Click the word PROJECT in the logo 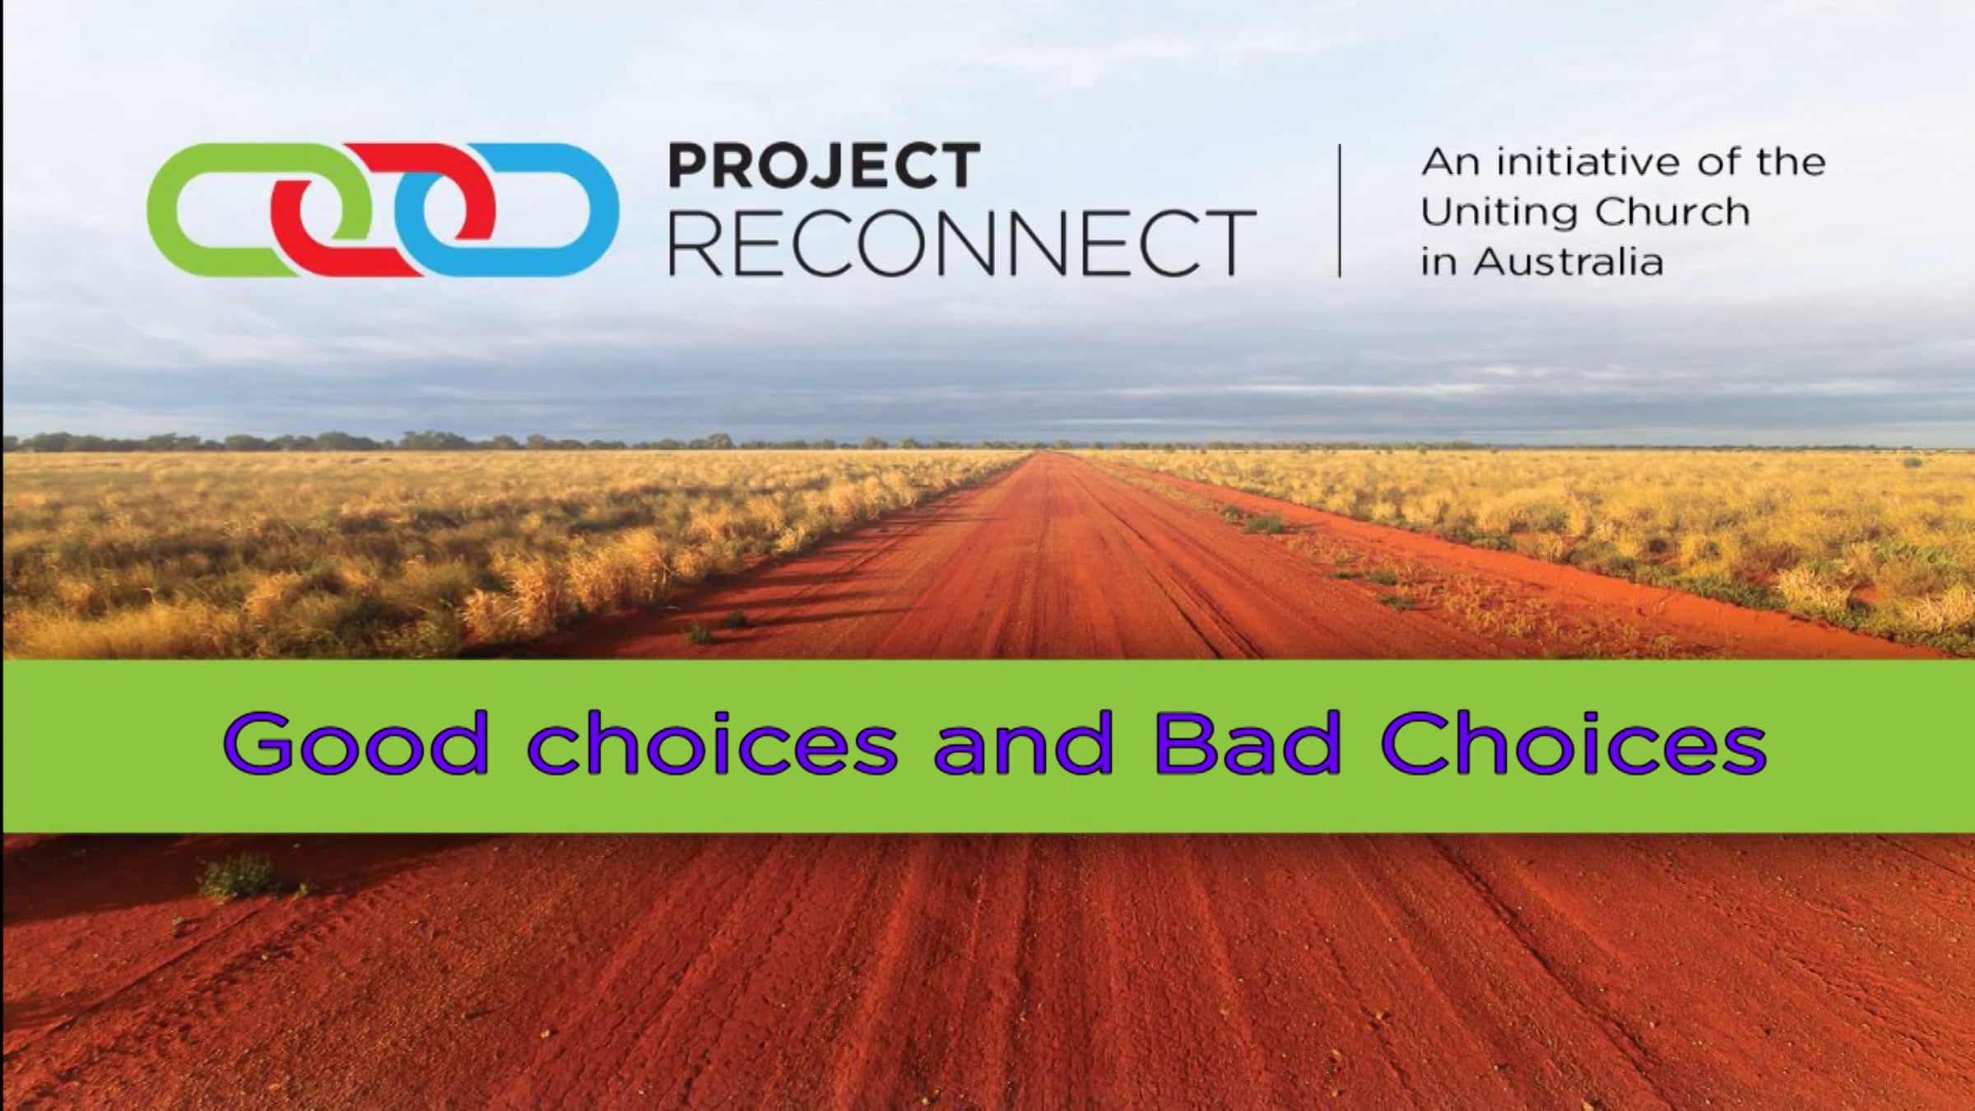(824, 165)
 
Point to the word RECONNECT (962, 242)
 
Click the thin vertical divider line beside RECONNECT (1340, 211)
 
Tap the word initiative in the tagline (1592, 162)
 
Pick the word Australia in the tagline (1568, 263)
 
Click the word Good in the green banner (355, 744)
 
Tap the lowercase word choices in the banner (713, 744)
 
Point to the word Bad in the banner (1248, 744)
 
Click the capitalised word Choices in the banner (1573, 744)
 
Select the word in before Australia (1438, 263)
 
